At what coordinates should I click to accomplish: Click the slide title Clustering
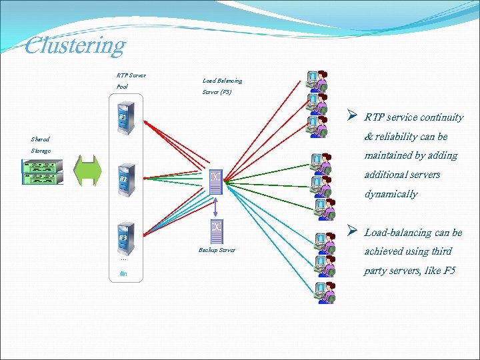(x=75, y=45)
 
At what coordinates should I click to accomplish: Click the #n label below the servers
(x=123, y=273)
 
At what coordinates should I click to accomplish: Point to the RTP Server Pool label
(x=131, y=81)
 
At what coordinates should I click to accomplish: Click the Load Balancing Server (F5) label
(x=221, y=86)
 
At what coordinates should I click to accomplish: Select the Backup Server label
(x=217, y=250)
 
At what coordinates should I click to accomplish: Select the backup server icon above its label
(x=216, y=229)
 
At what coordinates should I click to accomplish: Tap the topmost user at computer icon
(x=315, y=81)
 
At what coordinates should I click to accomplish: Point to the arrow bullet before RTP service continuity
(x=352, y=116)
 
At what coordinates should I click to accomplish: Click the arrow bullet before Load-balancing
(x=352, y=231)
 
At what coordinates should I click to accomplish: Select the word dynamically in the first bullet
(x=391, y=194)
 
